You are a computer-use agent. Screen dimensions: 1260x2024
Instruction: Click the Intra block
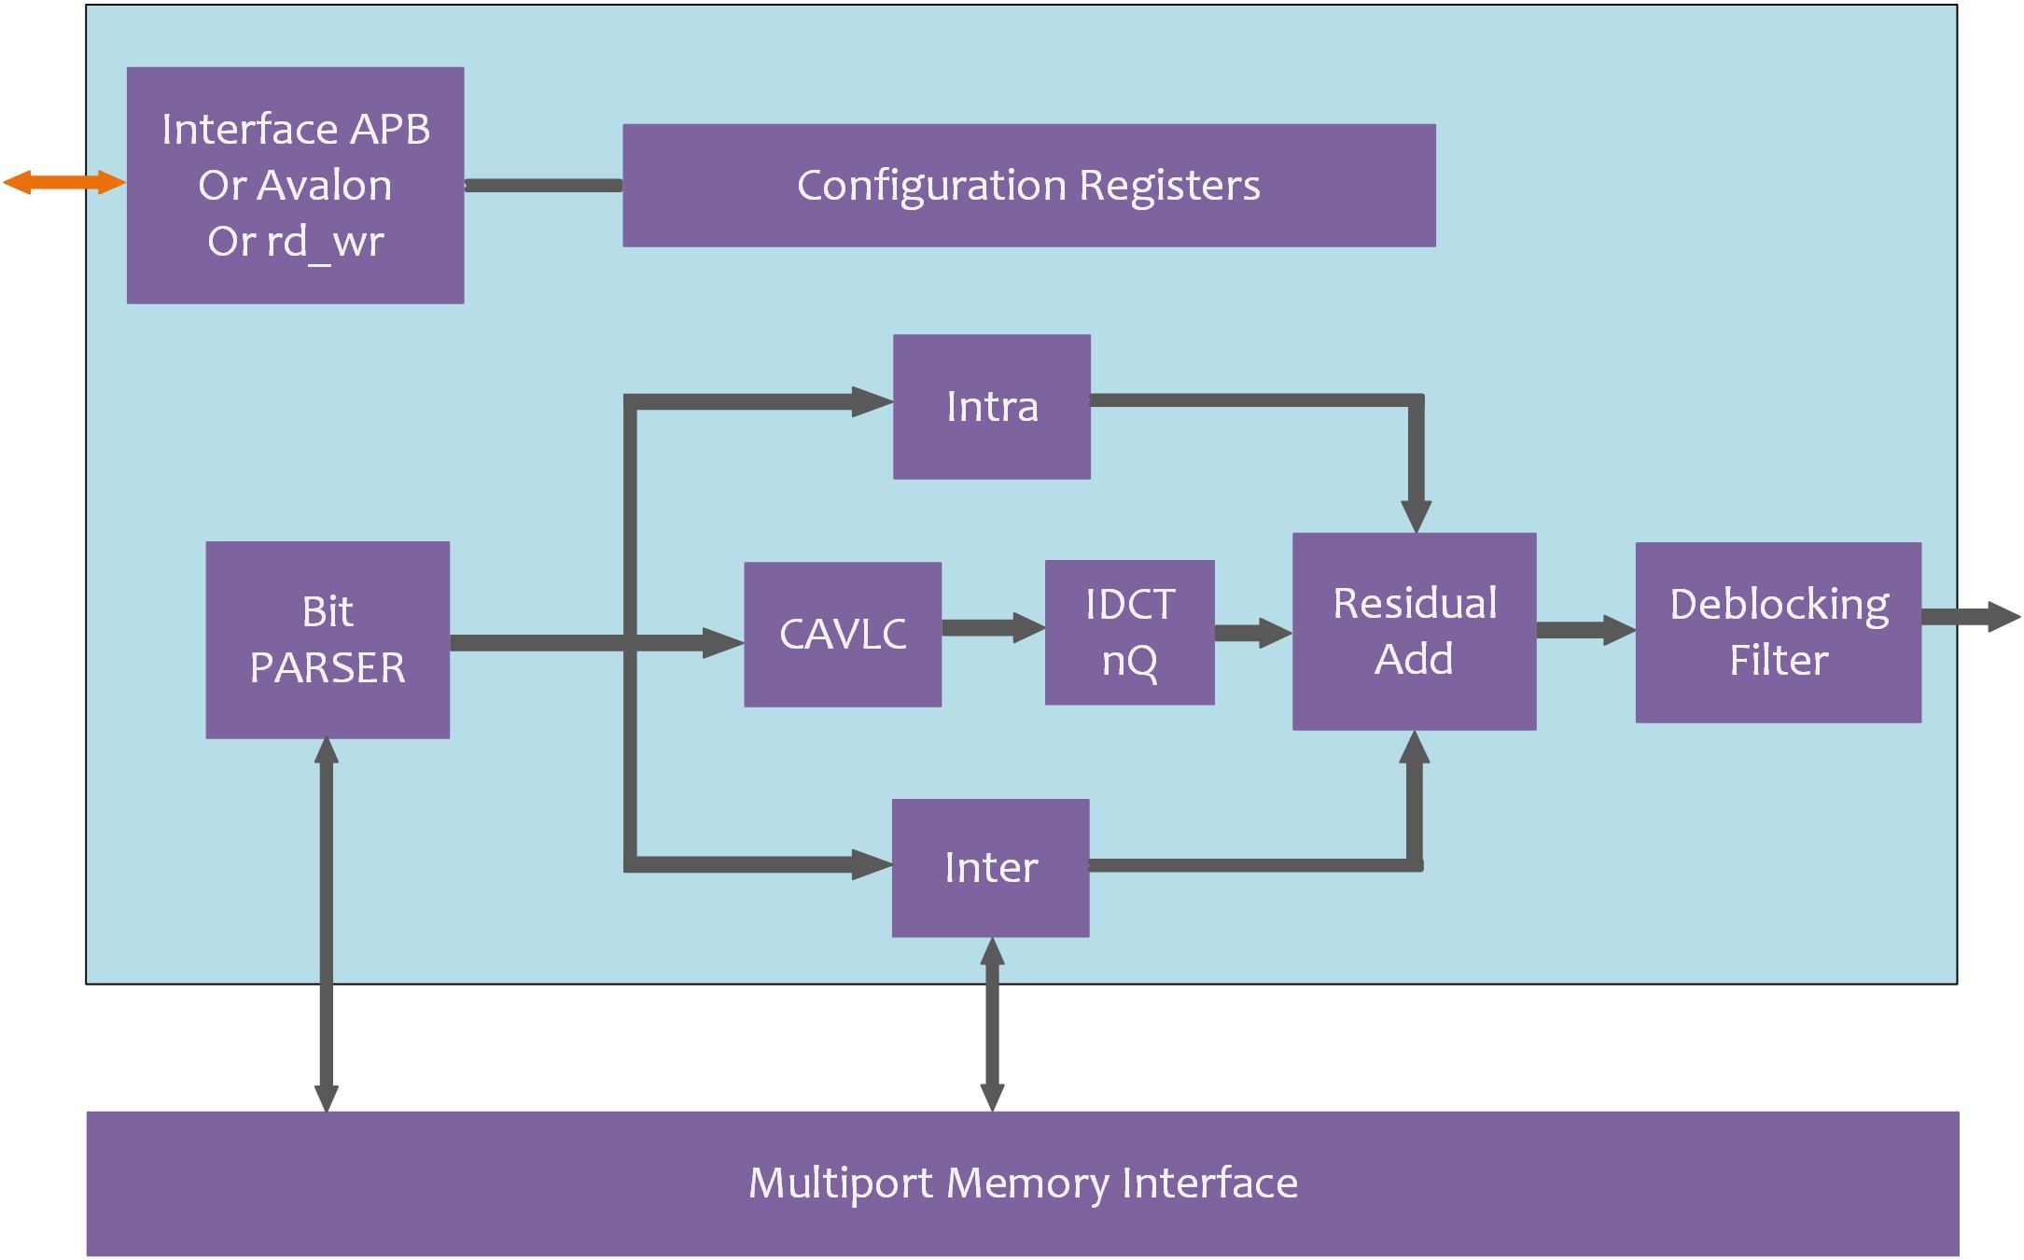(x=991, y=407)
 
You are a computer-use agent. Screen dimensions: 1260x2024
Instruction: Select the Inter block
(x=990, y=868)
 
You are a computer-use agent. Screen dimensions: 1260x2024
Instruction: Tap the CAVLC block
(x=842, y=635)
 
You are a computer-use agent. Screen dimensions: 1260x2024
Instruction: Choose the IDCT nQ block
(x=1129, y=633)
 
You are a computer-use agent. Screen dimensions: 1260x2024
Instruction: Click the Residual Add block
(x=1414, y=631)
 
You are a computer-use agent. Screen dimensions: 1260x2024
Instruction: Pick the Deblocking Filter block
(x=1778, y=632)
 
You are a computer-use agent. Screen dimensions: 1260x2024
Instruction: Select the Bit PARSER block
(x=328, y=640)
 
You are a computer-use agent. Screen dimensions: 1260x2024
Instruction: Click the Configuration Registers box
(x=1028, y=186)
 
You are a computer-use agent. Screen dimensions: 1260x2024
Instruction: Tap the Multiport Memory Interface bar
(x=1023, y=1183)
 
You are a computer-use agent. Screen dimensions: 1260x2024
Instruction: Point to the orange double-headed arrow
(x=63, y=182)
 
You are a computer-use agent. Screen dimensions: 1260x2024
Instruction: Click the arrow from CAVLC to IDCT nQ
(x=993, y=627)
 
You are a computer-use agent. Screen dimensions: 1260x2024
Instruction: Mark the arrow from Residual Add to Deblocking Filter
(x=1584, y=630)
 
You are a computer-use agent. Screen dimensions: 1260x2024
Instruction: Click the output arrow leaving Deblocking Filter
(x=1969, y=617)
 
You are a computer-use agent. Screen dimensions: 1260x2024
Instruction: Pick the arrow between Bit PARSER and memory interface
(x=327, y=924)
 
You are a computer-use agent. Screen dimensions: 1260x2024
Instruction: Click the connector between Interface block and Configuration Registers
(x=543, y=186)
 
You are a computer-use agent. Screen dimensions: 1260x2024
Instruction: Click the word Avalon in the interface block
(x=323, y=186)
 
